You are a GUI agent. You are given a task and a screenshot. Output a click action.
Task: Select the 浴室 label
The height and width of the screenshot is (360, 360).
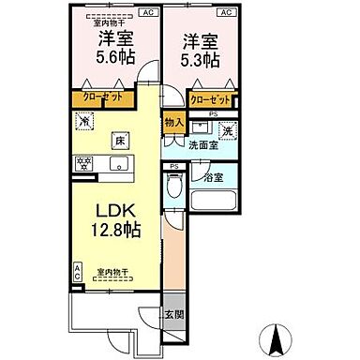click(x=213, y=176)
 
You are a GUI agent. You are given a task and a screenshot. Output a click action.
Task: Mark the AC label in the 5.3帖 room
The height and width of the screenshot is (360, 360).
click(x=225, y=14)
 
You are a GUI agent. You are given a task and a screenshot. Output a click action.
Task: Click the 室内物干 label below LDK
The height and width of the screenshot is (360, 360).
click(x=112, y=272)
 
